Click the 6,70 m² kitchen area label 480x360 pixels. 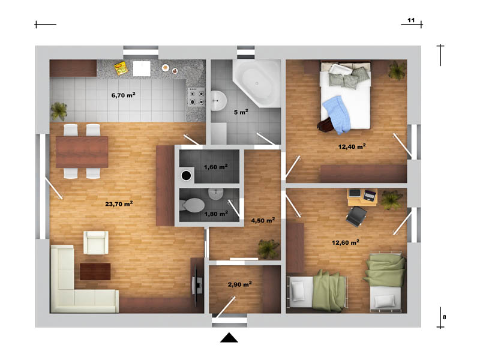(x=124, y=95)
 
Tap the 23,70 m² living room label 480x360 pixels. (x=119, y=204)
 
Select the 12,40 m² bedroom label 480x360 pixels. (x=352, y=146)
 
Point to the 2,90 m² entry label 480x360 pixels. (x=239, y=284)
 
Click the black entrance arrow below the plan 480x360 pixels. (x=229, y=338)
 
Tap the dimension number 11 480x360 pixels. (x=411, y=20)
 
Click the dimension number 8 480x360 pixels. (x=444, y=317)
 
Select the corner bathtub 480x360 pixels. (x=257, y=83)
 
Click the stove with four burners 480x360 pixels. (x=196, y=96)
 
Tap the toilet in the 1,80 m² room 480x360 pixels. (x=192, y=205)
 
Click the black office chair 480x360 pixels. (x=356, y=216)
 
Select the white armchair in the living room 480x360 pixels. (x=96, y=242)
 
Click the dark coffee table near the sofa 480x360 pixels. (x=95, y=272)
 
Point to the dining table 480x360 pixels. (x=82, y=152)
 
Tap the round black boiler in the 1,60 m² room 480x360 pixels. (x=186, y=175)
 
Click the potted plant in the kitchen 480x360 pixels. (x=59, y=111)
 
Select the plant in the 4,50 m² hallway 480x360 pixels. (x=268, y=248)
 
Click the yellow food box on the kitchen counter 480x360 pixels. (x=121, y=68)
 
